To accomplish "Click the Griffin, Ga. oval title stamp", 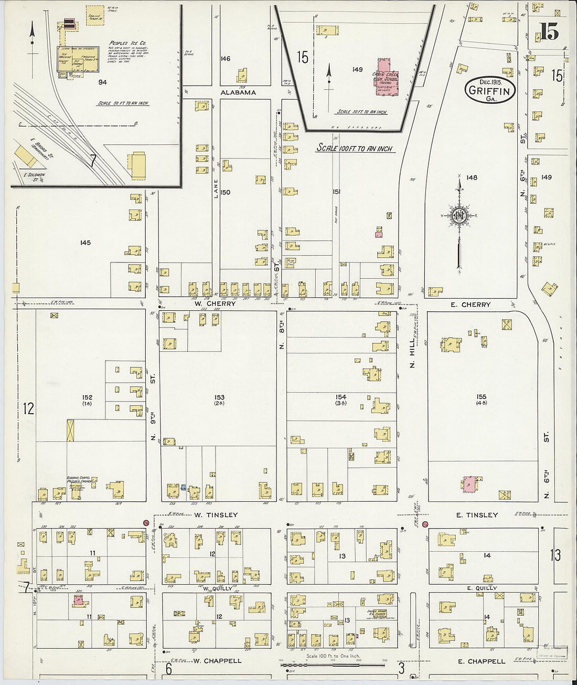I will tap(489, 90).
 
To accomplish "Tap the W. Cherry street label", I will tap(215, 304).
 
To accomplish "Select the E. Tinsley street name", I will tap(476, 515).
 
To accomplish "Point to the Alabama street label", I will tap(238, 92).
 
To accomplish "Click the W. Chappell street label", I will tap(217, 661).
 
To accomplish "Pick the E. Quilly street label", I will tap(482, 588).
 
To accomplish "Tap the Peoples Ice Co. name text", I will tap(127, 43).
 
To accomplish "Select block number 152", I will tap(87, 397).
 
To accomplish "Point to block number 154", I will tap(341, 397).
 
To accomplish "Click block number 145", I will tap(86, 243).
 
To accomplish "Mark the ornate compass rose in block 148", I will tap(459, 216).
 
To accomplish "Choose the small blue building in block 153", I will tap(183, 488).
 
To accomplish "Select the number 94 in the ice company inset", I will tap(102, 82).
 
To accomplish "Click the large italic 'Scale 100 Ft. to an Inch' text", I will tap(355, 149).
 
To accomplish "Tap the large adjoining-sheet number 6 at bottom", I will tap(169, 669).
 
